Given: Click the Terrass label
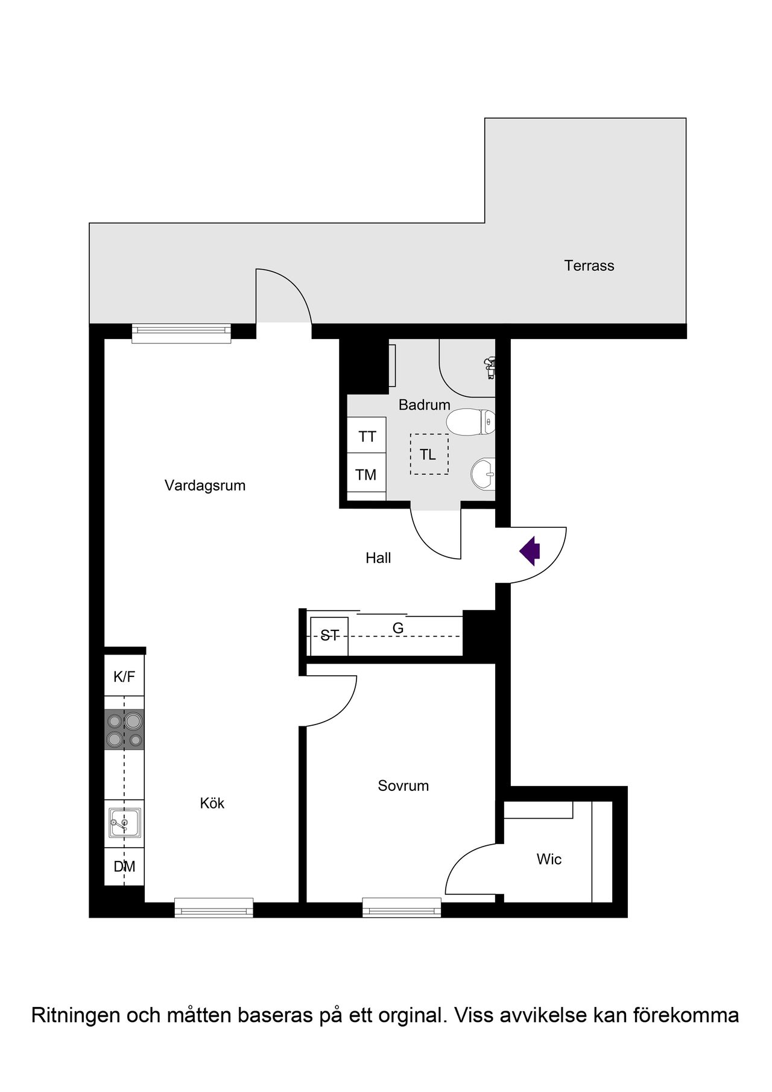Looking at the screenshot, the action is coord(589,265).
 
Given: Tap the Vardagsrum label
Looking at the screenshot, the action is coord(205,486).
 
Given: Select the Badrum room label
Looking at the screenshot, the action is coord(425,405).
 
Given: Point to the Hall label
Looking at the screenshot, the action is coord(378,558).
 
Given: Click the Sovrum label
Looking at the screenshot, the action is coord(403,786).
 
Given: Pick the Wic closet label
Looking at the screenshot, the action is coord(549,859).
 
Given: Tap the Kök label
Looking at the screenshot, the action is coord(212,803).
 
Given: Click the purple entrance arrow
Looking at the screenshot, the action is coord(530,551).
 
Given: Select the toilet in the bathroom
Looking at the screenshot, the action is coord(471,422).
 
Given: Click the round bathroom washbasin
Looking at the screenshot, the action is coord(483,474).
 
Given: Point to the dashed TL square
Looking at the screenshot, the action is coord(429,454).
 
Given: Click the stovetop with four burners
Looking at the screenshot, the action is coord(124,729).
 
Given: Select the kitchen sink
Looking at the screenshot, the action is coord(125,823).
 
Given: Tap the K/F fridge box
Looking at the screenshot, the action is coord(124,676).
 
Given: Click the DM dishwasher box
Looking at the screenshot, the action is coord(124,867).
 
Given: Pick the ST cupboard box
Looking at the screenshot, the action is coord(329,636).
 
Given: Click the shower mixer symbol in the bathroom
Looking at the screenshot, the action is coord(490,367).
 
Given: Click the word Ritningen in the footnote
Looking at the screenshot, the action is coord(76,1016).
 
